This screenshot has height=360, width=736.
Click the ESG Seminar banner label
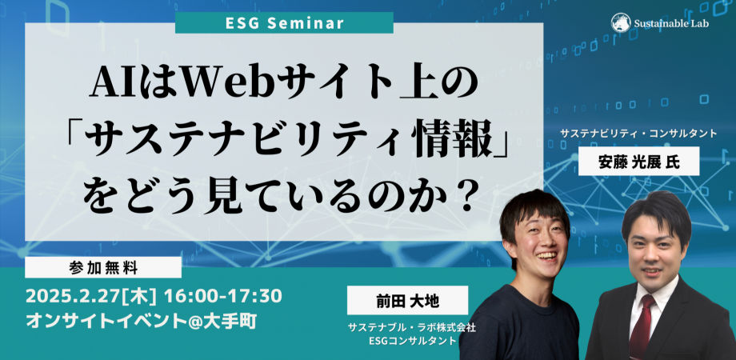pyautogui.click(x=283, y=22)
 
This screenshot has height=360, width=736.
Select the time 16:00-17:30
pyautogui.click(x=222, y=296)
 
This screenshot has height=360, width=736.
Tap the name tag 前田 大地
pyautogui.click(x=395, y=302)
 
